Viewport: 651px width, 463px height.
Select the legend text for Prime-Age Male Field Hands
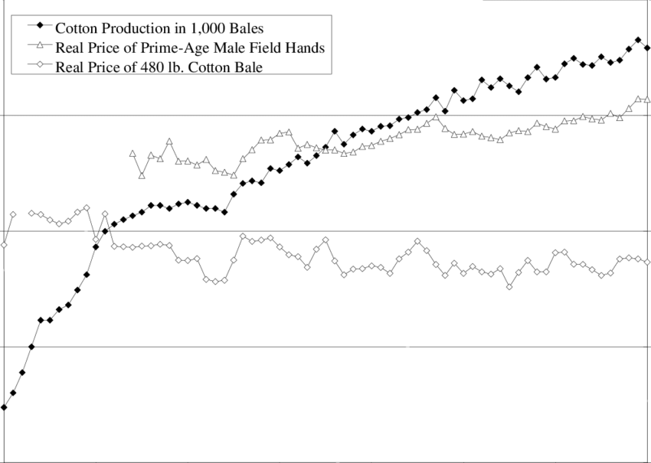pyautogui.click(x=190, y=47)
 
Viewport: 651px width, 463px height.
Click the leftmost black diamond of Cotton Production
pyautogui.click(x=4, y=407)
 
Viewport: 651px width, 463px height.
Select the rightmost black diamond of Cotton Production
pyautogui.click(x=648, y=48)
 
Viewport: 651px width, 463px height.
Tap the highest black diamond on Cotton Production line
pyautogui.click(x=638, y=40)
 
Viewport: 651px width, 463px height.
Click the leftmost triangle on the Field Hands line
pyautogui.click(x=132, y=154)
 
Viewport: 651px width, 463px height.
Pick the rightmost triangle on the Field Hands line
pyautogui.click(x=648, y=99)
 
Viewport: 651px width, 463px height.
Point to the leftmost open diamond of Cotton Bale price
pyautogui.click(x=4, y=245)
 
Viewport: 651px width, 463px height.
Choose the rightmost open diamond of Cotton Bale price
pyautogui.click(x=648, y=262)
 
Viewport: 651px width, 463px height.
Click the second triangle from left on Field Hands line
pyautogui.click(x=142, y=175)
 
